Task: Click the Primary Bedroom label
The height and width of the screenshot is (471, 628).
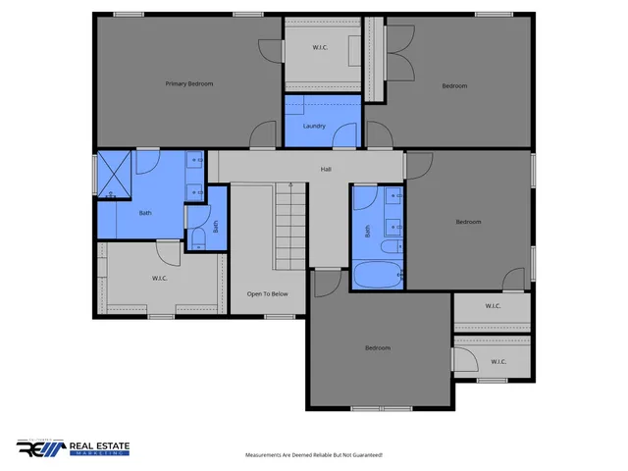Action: click(x=188, y=83)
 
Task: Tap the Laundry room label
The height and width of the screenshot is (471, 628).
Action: click(x=314, y=126)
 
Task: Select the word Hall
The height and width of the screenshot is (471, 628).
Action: click(x=326, y=169)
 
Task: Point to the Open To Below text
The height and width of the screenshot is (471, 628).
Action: click(x=267, y=293)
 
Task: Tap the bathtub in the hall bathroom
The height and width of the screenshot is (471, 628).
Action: click(x=377, y=275)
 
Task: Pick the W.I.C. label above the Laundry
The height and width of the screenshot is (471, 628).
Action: click(x=320, y=47)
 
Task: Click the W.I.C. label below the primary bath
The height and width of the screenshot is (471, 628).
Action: click(x=161, y=278)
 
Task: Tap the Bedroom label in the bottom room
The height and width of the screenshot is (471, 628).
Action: click(x=378, y=348)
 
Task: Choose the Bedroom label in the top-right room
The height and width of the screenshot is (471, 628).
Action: click(x=454, y=85)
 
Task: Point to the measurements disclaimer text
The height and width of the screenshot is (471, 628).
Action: click(x=313, y=455)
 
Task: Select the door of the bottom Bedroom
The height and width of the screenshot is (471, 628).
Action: click(x=325, y=281)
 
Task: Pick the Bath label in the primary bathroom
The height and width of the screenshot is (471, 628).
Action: click(x=145, y=213)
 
